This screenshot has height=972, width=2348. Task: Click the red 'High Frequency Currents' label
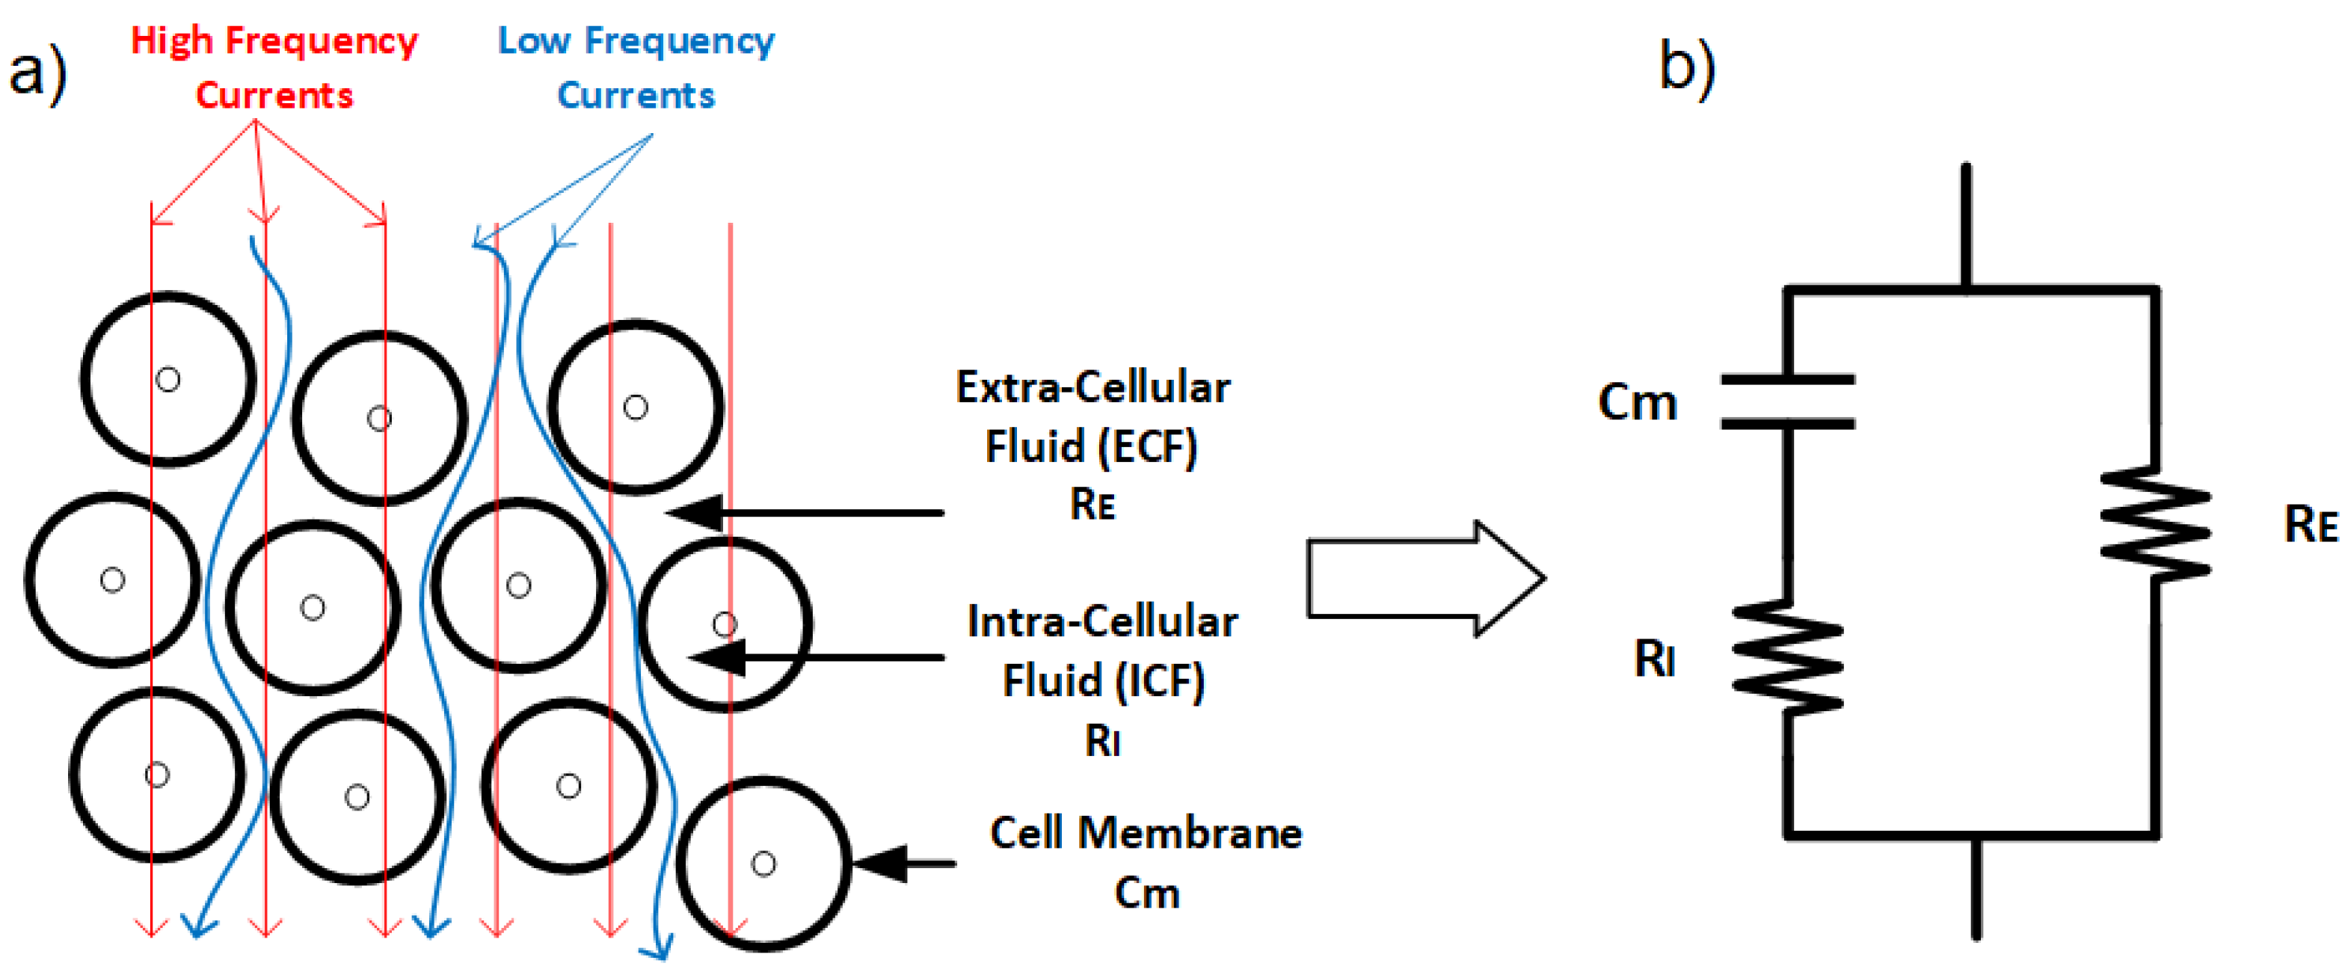point(274,67)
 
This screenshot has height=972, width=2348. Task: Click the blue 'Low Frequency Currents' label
point(636,67)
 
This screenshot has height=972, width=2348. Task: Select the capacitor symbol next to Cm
point(1787,402)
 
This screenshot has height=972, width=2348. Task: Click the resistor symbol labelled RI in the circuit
point(1787,656)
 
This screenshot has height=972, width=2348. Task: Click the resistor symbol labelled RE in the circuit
point(2155,523)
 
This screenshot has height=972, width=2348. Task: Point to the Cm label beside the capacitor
point(1637,402)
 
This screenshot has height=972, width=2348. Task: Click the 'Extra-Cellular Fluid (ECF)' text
point(1092,416)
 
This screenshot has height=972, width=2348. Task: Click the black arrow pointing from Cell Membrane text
point(903,863)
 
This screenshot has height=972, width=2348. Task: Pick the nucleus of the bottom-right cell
point(763,864)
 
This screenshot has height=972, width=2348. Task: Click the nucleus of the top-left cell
point(168,379)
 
